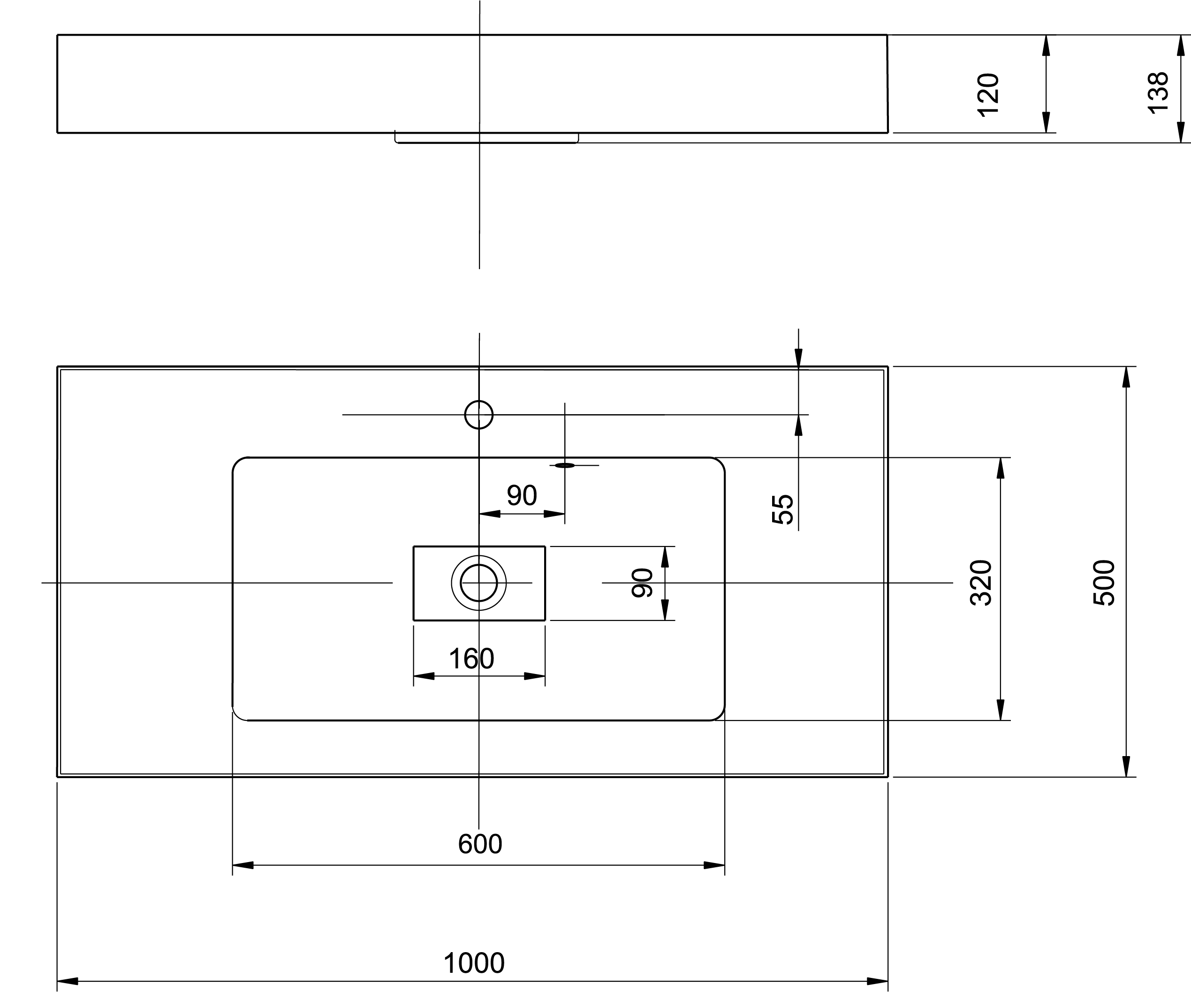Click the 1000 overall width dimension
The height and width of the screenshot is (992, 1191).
tap(474, 963)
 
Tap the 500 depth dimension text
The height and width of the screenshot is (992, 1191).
tap(1104, 583)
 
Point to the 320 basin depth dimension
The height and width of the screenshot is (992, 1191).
tap(981, 583)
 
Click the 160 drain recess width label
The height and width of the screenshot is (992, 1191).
tap(471, 659)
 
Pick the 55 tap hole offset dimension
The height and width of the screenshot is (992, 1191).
tap(782, 509)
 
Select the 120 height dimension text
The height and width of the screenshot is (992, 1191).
tap(988, 95)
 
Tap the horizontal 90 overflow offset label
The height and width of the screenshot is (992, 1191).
tap(522, 496)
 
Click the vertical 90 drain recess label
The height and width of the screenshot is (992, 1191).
tap(642, 583)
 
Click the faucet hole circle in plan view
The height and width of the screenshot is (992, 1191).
tap(478, 415)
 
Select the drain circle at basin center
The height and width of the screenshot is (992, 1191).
tap(478, 583)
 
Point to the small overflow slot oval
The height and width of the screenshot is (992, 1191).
tap(565, 465)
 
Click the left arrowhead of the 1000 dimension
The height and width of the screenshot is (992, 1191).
tap(68, 982)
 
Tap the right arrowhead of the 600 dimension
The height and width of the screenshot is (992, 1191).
tap(714, 865)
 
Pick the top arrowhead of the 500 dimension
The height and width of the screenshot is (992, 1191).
tap(1126, 377)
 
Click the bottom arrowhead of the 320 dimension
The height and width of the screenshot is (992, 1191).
tap(1001, 710)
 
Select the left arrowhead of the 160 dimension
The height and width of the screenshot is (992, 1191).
tap(424, 676)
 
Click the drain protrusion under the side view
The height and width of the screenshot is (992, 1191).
tap(486, 138)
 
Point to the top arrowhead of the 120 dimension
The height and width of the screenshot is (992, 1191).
tap(1047, 45)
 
